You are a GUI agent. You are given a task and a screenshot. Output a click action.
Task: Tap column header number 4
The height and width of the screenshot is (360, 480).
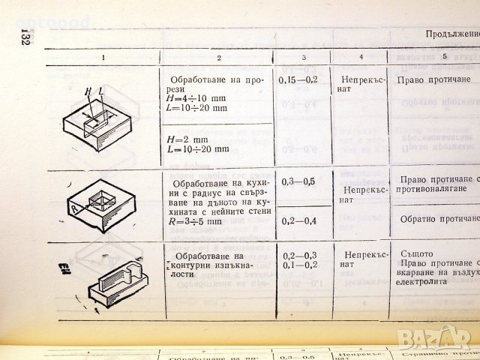[360, 57]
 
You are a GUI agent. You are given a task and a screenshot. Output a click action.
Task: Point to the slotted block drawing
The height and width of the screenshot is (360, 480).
[97, 113]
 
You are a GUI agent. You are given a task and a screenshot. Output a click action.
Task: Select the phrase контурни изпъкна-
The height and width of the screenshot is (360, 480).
[215, 264]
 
